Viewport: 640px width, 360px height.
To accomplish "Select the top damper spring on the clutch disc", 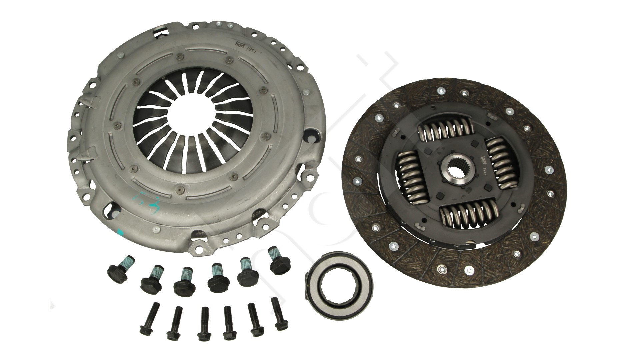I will tap(445, 131).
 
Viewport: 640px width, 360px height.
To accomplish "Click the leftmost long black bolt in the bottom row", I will tap(146, 319).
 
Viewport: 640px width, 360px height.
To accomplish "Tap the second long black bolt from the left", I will tap(173, 323).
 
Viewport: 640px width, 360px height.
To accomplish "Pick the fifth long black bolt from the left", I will tap(254, 320).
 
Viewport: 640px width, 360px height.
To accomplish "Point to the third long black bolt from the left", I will tap(202, 325).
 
